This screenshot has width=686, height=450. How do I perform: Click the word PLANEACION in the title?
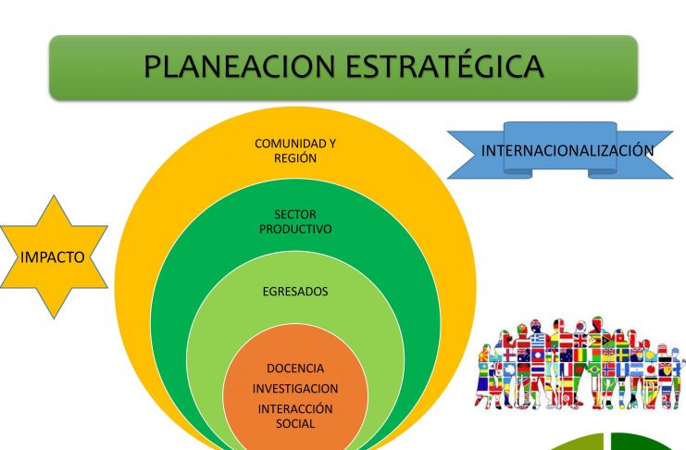[x=239, y=66]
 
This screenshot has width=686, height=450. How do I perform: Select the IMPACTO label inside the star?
[x=53, y=257]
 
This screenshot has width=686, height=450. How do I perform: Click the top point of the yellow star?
[x=54, y=196]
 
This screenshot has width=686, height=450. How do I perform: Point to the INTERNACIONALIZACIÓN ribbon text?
[x=568, y=151]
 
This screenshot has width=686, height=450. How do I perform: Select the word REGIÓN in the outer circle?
[x=295, y=158]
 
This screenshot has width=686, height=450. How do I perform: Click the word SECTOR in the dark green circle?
[x=295, y=215]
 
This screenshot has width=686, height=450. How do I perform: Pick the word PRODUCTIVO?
[x=295, y=229]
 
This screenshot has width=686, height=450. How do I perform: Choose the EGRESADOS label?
[x=295, y=292]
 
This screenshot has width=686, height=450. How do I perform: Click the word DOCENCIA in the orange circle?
[x=295, y=369]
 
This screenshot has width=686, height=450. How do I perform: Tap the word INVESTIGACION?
[x=295, y=388]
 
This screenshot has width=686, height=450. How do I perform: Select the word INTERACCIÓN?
[x=295, y=409]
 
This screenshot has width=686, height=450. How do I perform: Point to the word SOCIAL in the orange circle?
[x=295, y=423]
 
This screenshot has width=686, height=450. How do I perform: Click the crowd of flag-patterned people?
[x=580, y=363]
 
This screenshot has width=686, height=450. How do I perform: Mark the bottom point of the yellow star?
[x=54, y=318]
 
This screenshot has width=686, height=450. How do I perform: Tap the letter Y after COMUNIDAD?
[x=331, y=144]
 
